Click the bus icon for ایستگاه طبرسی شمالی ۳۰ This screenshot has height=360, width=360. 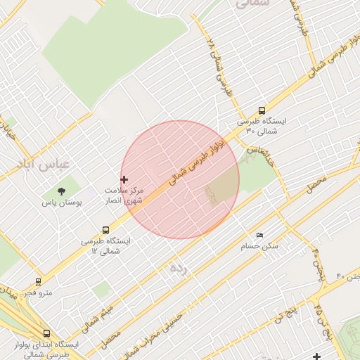[x=262, y=110]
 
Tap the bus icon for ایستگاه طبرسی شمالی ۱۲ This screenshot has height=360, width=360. [x=106, y=230]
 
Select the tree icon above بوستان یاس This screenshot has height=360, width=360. [x=62, y=191]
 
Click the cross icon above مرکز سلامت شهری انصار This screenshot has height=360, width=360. [x=124, y=180]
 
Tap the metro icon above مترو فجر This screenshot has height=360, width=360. [x=38, y=282]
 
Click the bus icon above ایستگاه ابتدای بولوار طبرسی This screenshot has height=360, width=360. [x=47, y=334]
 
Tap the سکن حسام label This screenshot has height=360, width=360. [x=260, y=246]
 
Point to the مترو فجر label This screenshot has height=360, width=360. [x=37, y=292]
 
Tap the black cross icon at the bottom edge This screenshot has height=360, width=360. [x=317, y=356]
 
